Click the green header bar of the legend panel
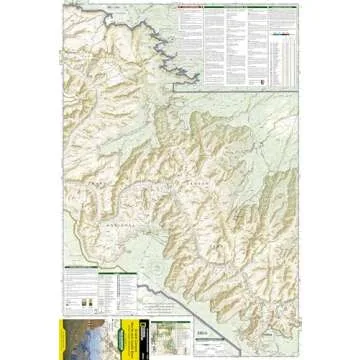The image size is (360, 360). pyautogui.click(x=100, y=271)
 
